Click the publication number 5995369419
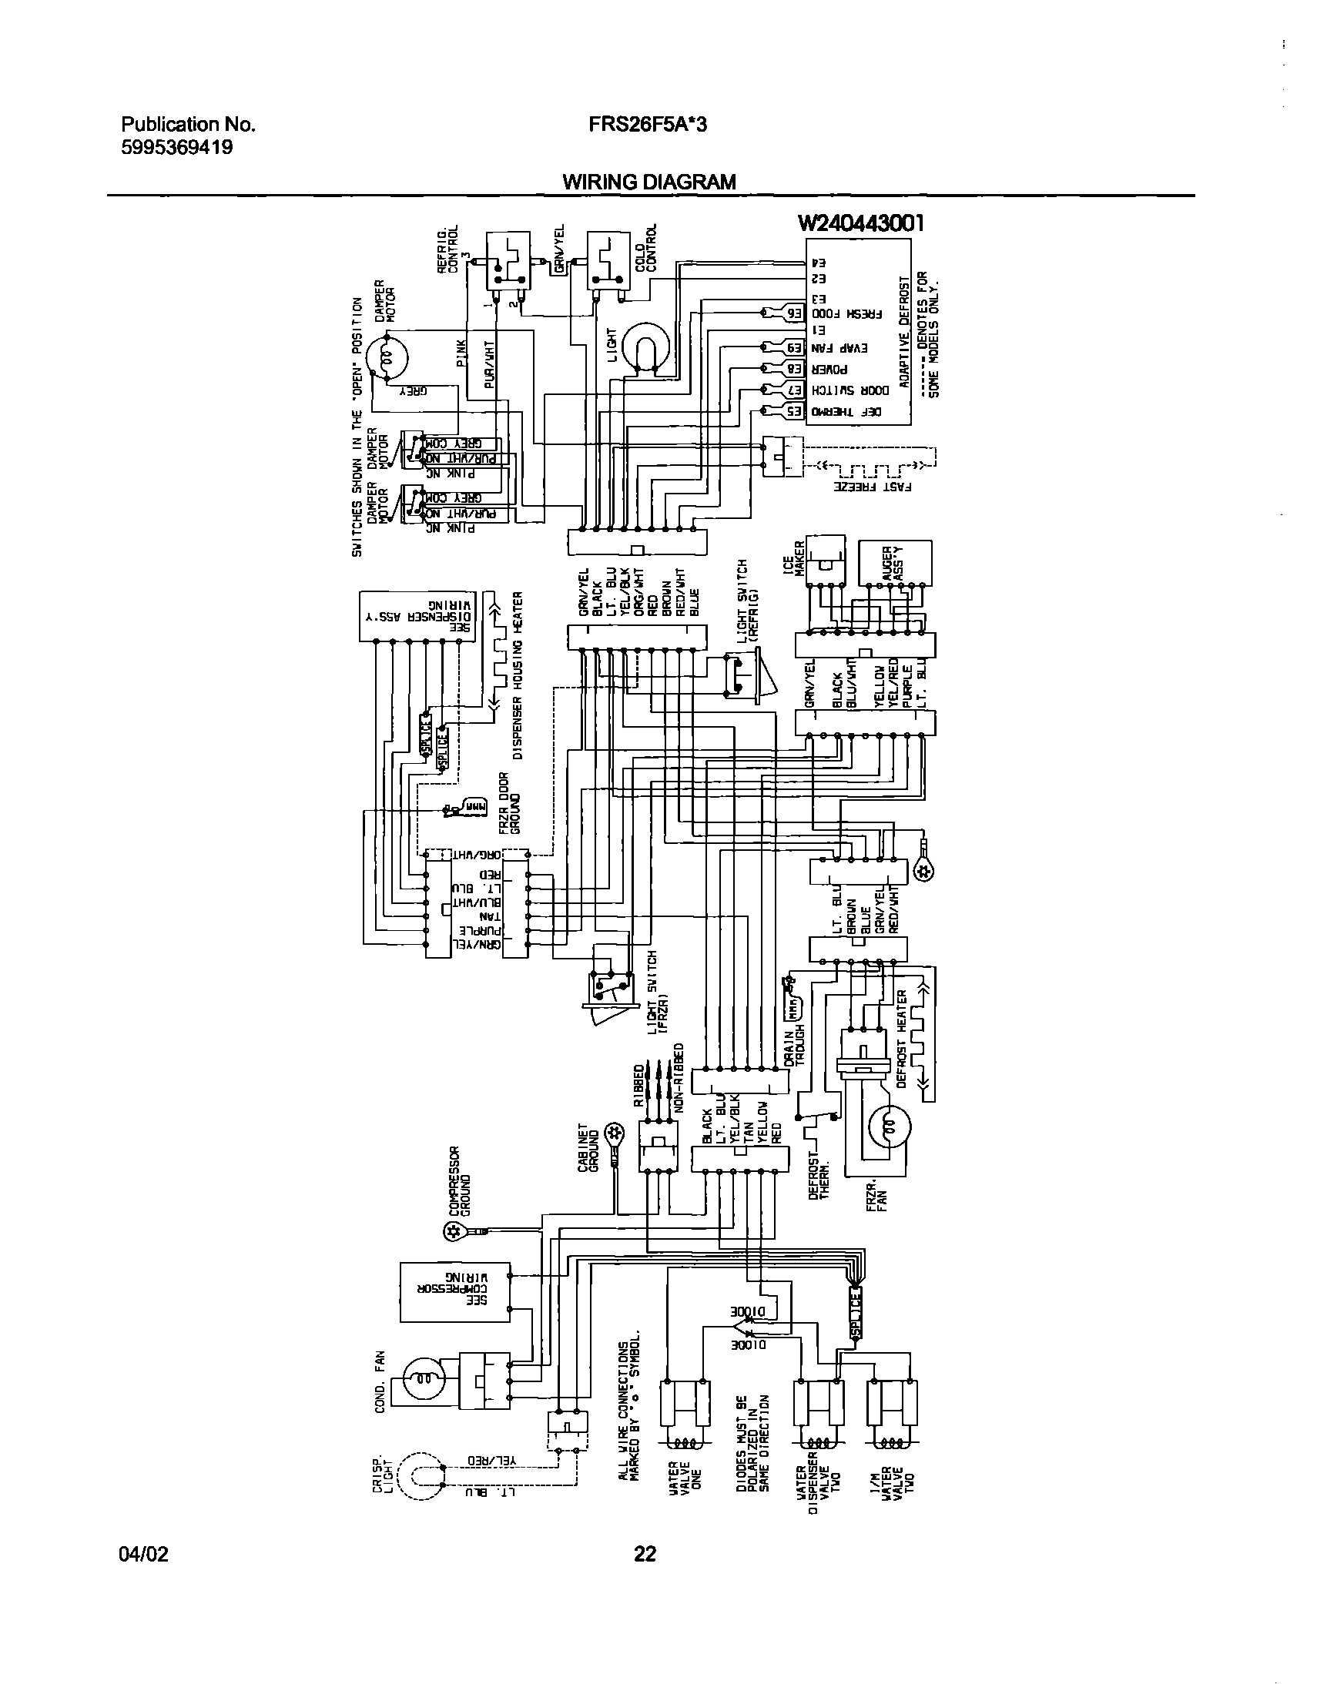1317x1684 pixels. coord(177,146)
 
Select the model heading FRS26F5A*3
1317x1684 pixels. coord(647,124)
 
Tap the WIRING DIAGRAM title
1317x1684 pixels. coord(648,182)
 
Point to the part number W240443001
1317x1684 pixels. coord(860,223)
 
